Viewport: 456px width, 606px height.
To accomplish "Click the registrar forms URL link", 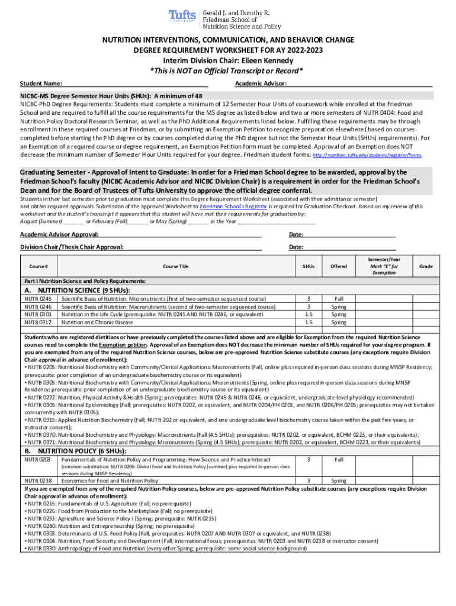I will (367, 154).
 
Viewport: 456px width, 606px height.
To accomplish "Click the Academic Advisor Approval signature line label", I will (55, 234).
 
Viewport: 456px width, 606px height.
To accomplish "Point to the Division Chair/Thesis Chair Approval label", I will (72, 247).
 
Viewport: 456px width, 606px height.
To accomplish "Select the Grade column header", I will (426, 266).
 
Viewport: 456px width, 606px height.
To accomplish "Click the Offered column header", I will (339, 266).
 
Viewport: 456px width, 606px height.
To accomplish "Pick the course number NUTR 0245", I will (37, 299).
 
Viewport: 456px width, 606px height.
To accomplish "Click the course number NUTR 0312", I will (37, 323).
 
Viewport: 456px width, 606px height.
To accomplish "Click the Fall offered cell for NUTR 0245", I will (339, 299).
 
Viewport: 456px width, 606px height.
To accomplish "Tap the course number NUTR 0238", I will (37, 481).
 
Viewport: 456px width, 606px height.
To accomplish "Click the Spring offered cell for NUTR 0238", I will (339, 481).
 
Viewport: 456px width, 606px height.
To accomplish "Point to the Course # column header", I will (38, 266).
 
